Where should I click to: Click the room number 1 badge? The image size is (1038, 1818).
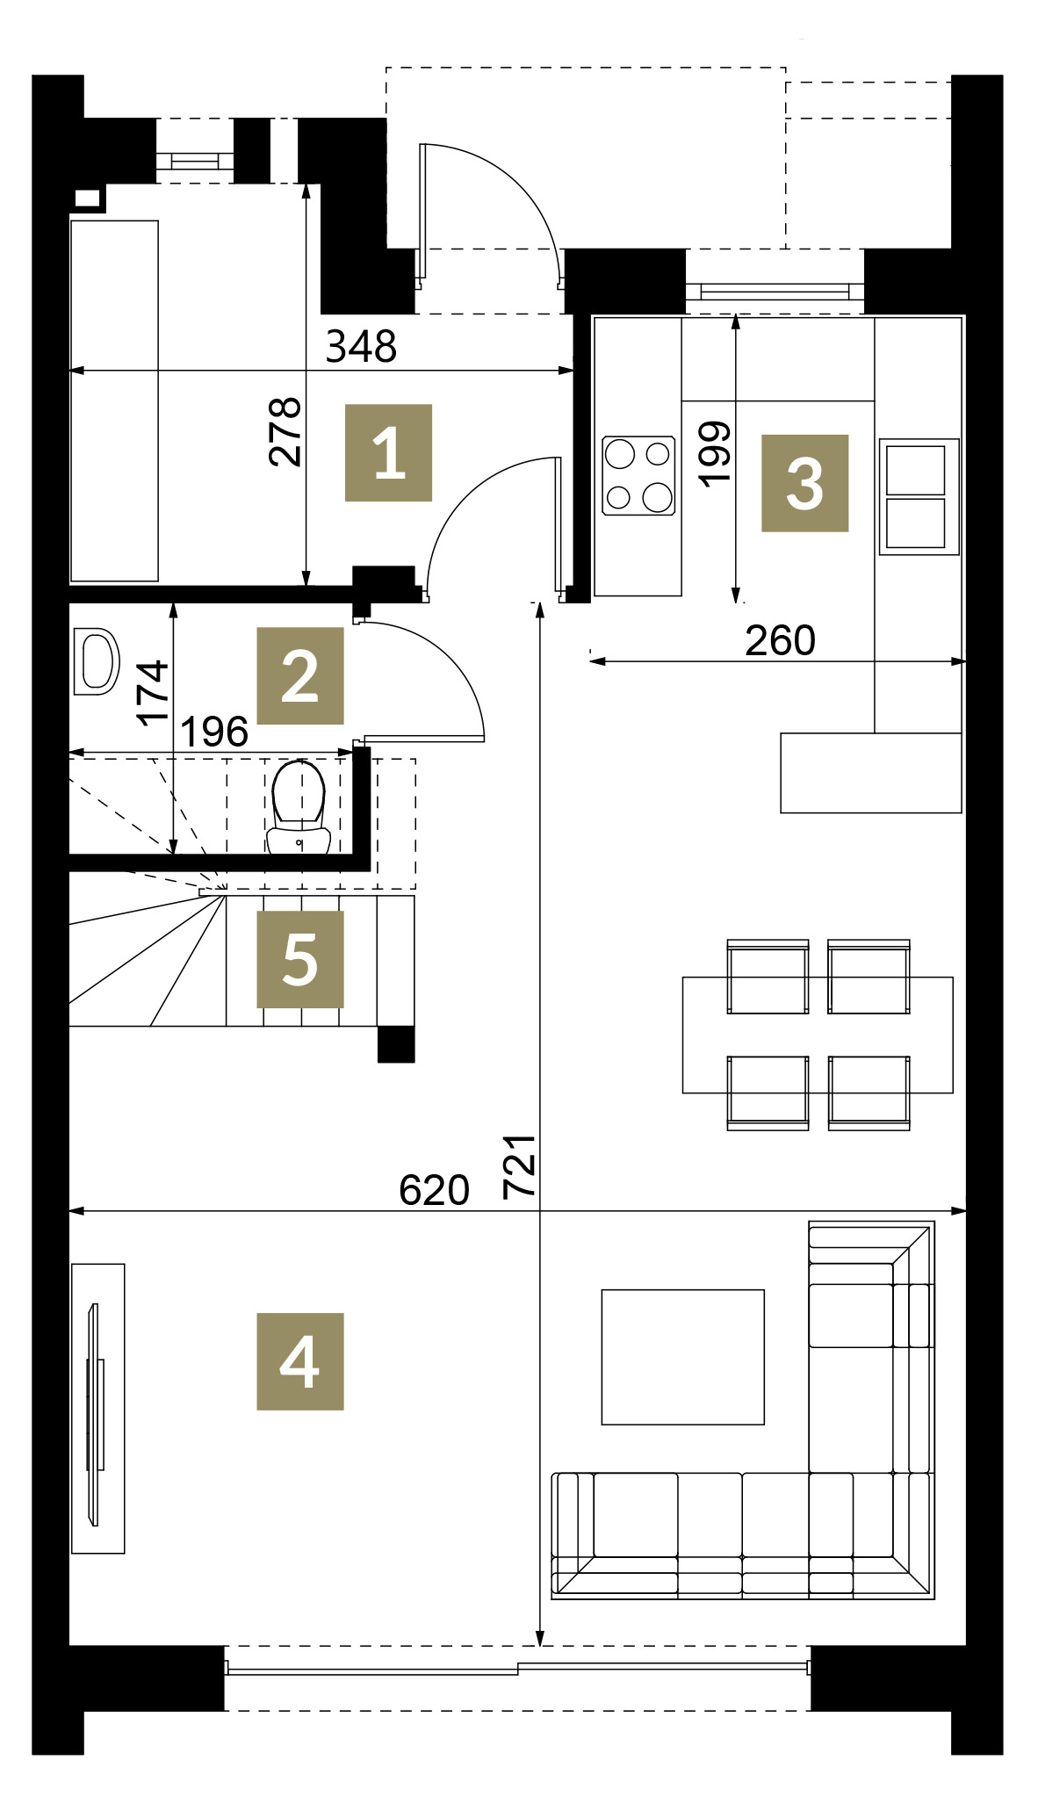click(x=388, y=452)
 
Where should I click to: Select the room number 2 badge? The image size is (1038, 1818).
click(x=299, y=675)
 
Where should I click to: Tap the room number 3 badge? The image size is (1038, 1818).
click(x=804, y=483)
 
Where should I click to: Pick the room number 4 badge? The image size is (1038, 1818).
click(x=299, y=1361)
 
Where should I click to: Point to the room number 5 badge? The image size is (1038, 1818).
click(x=299, y=959)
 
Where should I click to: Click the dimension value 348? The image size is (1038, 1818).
click(x=361, y=347)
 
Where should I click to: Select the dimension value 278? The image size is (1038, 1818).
click(x=285, y=431)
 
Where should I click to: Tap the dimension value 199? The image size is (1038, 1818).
click(x=715, y=452)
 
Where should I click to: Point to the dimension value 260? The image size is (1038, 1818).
click(x=780, y=640)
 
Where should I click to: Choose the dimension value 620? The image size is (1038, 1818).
click(x=434, y=1190)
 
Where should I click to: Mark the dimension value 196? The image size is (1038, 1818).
click(x=214, y=732)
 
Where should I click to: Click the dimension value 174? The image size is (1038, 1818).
click(x=153, y=693)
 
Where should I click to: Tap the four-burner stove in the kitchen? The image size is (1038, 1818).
click(x=638, y=475)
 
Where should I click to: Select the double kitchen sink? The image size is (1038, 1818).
click(x=918, y=497)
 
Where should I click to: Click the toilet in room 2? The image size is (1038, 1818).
click(x=299, y=806)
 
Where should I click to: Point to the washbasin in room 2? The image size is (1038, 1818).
click(x=95, y=661)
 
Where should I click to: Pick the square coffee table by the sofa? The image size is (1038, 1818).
click(x=682, y=1357)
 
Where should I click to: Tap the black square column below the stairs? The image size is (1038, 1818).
click(x=396, y=1044)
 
